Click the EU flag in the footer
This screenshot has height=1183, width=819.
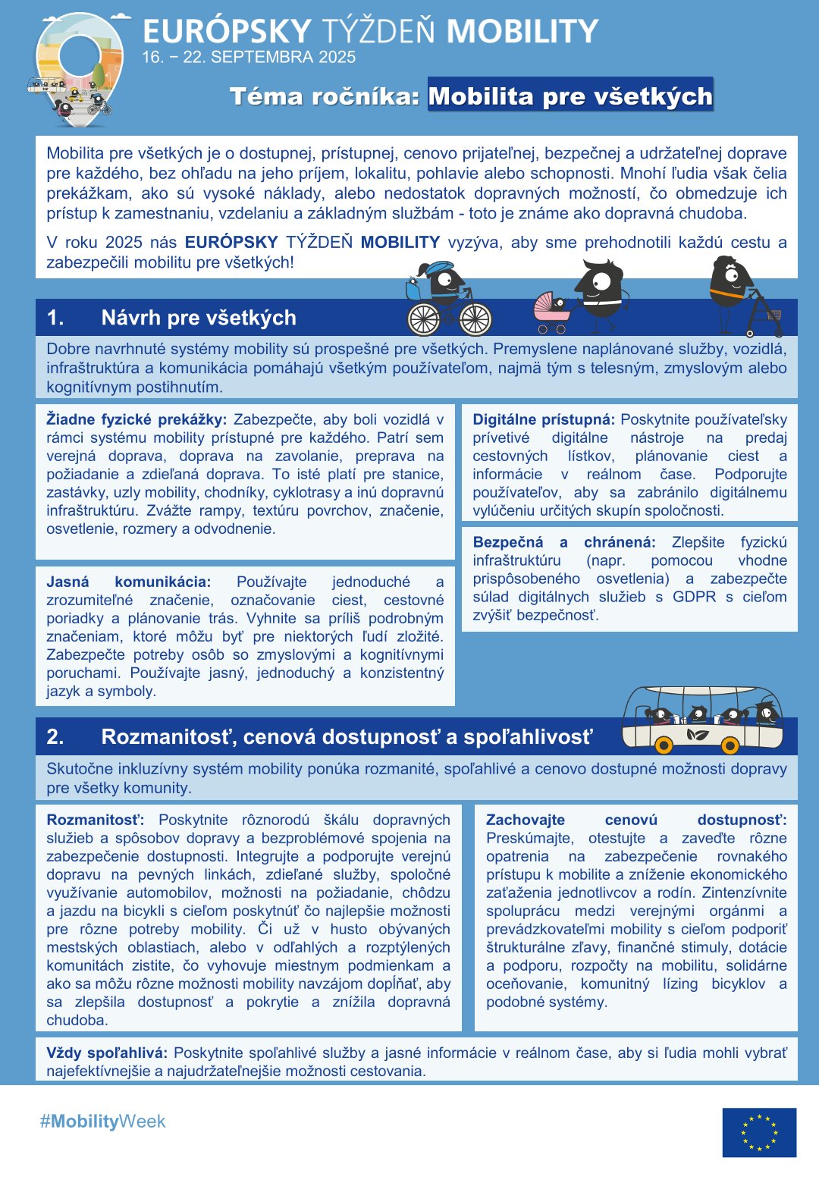point(759,1132)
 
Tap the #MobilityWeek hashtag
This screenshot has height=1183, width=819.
point(102,1122)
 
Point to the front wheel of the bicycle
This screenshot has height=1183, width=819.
point(475,319)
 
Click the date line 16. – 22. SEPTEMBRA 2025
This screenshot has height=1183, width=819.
point(249,57)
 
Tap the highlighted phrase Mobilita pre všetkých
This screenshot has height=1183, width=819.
point(570,96)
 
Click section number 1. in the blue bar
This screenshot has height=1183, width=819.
point(55,318)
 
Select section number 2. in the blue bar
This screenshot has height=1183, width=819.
point(55,737)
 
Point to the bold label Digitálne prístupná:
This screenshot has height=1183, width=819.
point(543,419)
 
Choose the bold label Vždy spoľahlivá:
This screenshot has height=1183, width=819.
point(107,1053)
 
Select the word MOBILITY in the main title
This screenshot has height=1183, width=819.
point(522,32)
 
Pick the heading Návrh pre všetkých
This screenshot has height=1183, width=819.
point(199,318)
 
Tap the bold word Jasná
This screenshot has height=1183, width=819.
point(67,582)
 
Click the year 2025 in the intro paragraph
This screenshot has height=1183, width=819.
point(124,243)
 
